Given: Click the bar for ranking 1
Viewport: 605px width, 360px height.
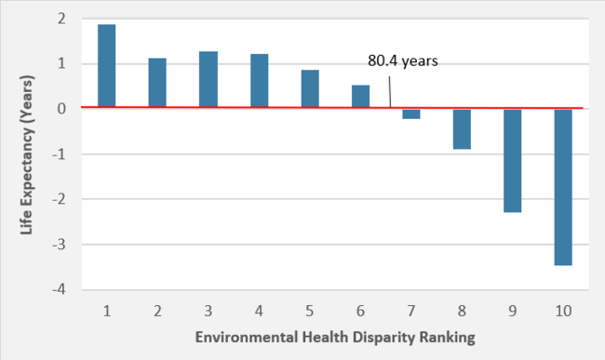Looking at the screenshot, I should (x=107, y=66).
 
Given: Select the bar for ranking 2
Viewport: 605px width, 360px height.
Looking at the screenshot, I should (x=157, y=83).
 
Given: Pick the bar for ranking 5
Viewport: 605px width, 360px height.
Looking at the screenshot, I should (x=310, y=88).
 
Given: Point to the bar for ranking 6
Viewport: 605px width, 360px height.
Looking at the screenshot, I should (x=360, y=97).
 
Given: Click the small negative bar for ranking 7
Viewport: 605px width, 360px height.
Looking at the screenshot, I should (x=411, y=113).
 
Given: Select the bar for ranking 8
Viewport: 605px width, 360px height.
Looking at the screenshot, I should (x=462, y=128).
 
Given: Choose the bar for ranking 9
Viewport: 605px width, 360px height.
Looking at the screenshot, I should (x=513, y=160).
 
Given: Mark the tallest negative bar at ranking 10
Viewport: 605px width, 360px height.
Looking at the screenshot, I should (x=563, y=187).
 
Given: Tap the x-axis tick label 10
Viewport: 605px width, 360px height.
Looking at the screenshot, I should (x=563, y=309).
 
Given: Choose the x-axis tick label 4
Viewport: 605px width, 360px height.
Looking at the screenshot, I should (x=259, y=309).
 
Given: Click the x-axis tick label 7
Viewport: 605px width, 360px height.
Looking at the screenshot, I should (x=411, y=309).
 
